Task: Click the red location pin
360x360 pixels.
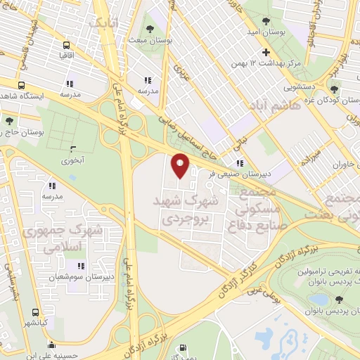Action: pyautogui.click(x=180, y=166)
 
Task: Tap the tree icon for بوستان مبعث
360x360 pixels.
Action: pyautogui.click(x=150, y=29)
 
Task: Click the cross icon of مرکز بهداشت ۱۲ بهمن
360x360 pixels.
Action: pyautogui.click(x=266, y=53)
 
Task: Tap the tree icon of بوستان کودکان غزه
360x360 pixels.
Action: pyautogui.click(x=334, y=89)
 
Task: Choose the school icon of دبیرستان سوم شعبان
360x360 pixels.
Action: pyautogui.click(x=81, y=266)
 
